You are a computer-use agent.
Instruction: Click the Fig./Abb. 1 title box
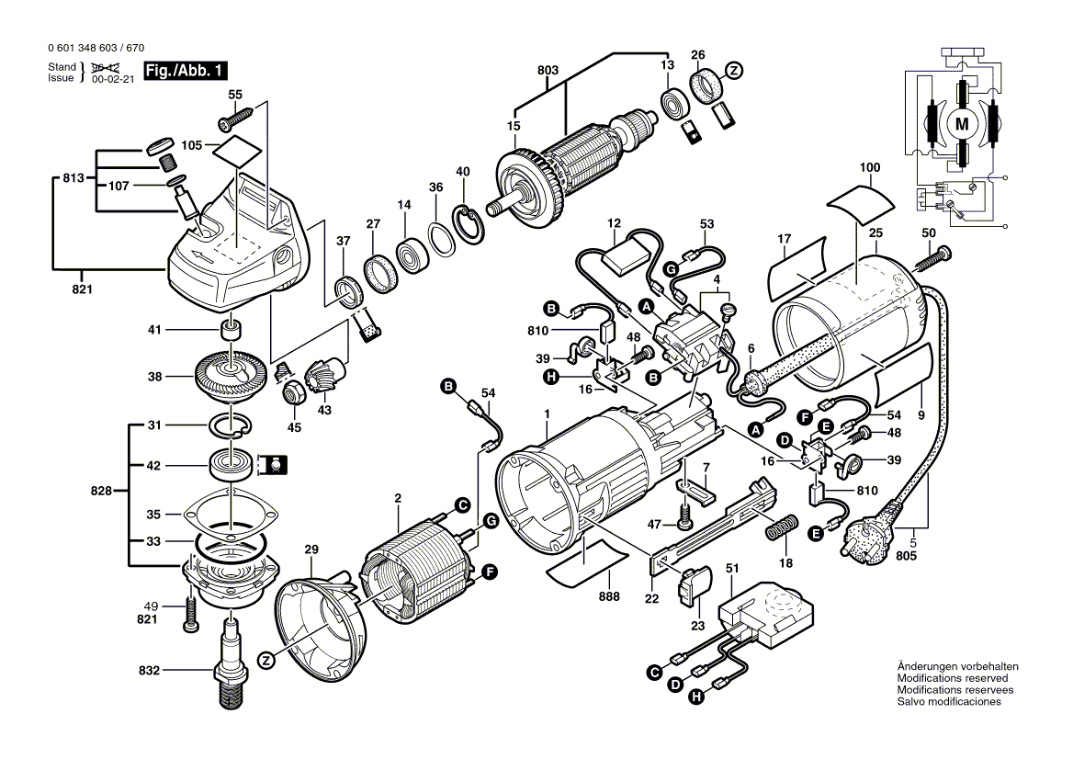185,71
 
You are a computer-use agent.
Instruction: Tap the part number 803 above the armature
548,70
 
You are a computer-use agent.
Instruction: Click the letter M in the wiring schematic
962,123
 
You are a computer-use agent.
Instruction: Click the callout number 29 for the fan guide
311,549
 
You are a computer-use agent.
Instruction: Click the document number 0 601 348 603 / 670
94,48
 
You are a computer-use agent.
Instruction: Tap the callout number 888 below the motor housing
608,596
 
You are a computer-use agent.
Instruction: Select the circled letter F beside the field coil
490,572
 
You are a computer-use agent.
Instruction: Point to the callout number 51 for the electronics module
731,570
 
